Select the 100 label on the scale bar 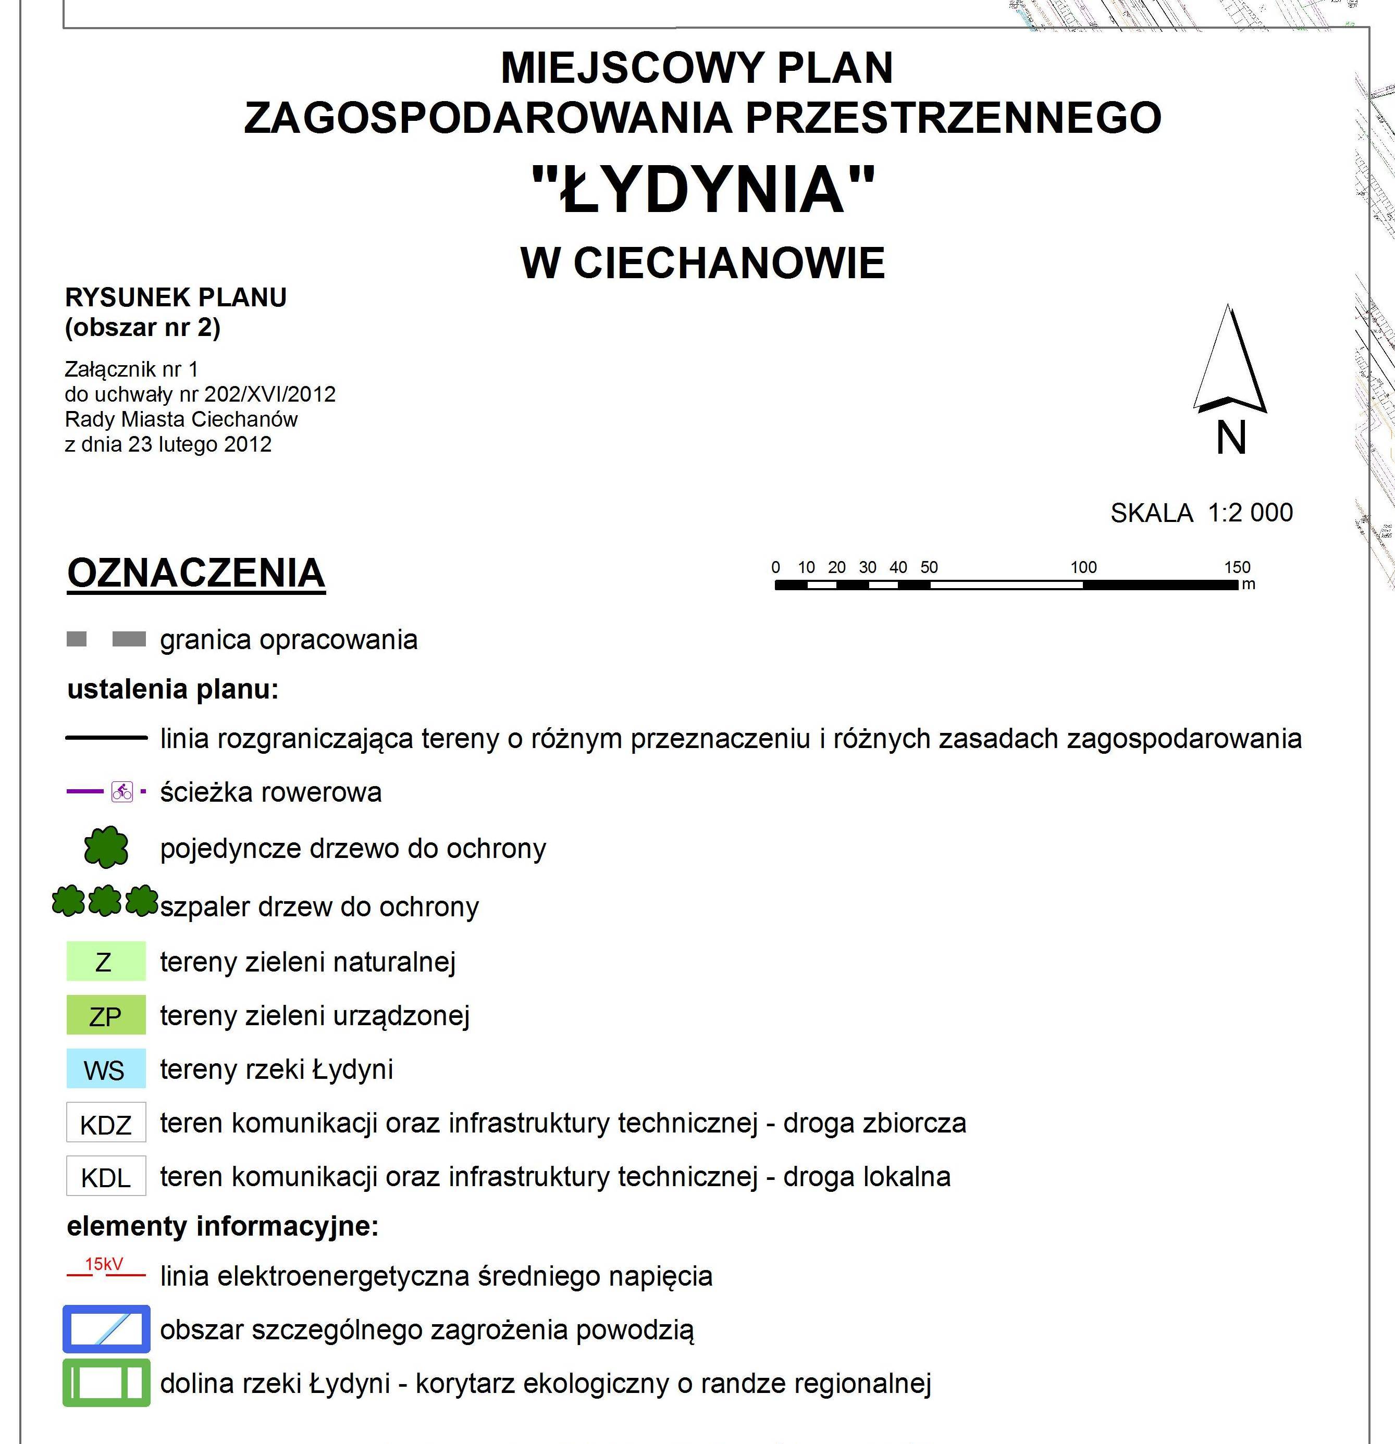(1083, 567)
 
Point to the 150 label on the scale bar (1237, 567)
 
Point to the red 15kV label (104, 1264)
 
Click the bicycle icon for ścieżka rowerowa (122, 792)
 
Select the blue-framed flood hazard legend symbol (106, 1330)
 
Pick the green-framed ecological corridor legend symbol (106, 1383)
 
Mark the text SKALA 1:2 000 (1201, 513)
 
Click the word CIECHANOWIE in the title (729, 263)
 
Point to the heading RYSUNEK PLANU (176, 297)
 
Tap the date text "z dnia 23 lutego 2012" (168, 444)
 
